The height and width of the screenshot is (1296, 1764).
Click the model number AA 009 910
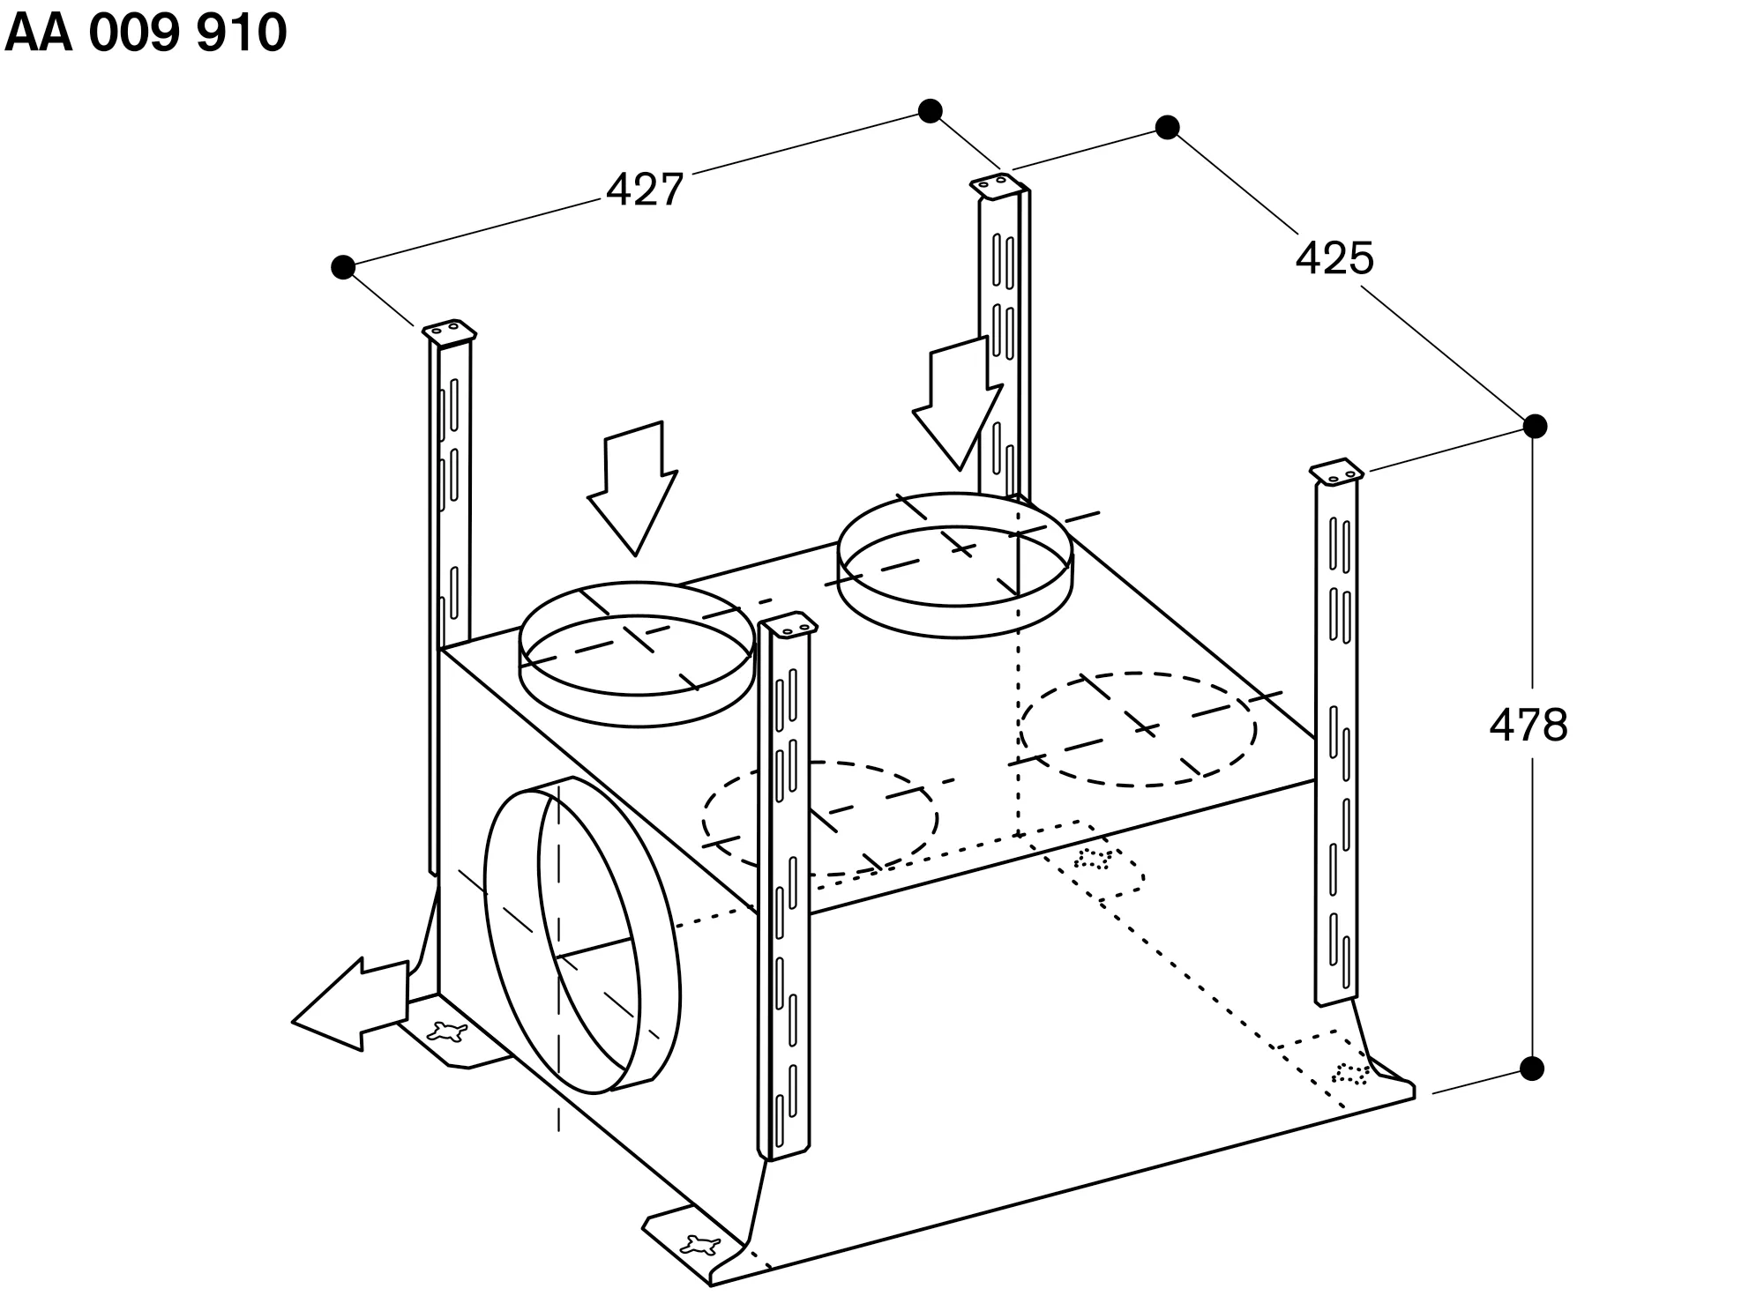tap(146, 34)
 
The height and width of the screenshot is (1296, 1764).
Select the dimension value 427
tap(645, 190)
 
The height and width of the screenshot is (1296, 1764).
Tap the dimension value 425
tap(1334, 258)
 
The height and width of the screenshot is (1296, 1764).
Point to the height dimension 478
tap(1529, 726)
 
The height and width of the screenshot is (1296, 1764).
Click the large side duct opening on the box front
tap(583, 935)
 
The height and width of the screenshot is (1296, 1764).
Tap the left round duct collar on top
tap(637, 654)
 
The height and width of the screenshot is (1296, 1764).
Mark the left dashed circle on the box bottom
tap(820, 819)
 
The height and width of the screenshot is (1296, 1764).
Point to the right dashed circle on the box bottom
tap(1139, 729)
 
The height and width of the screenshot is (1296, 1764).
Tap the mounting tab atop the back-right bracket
tap(998, 187)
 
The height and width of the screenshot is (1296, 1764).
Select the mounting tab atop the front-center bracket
tap(789, 625)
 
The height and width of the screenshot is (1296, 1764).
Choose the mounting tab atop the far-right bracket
tap(1337, 471)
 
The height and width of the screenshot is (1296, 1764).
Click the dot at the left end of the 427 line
tap(343, 266)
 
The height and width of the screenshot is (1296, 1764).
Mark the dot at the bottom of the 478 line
tap(1533, 1069)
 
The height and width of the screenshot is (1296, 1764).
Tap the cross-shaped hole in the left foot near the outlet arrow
tap(449, 1032)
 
